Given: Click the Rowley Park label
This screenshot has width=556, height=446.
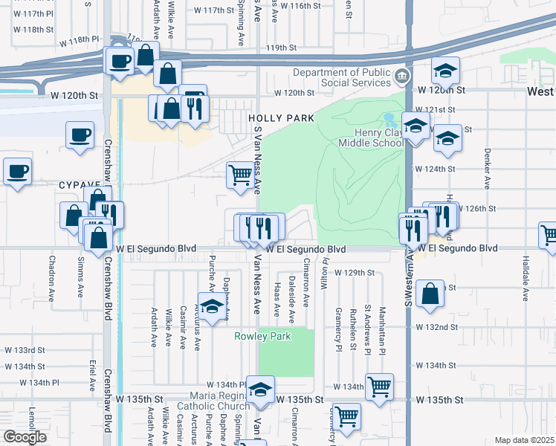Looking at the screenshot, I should (x=262, y=336).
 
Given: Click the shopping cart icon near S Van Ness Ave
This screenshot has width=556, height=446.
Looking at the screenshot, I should (x=239, y=175).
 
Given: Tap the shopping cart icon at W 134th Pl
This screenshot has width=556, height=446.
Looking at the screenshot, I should (x=379, y=386).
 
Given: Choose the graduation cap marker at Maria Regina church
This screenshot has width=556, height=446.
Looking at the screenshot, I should (x=261, y=390).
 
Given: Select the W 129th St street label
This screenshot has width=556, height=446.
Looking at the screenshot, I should (x=354, y=273).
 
